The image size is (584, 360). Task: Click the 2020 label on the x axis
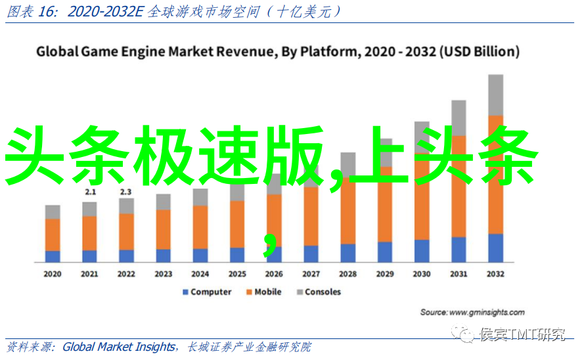53,273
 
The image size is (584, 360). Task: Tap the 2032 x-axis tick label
495,273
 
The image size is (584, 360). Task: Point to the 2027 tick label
311,273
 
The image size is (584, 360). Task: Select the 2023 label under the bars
164,273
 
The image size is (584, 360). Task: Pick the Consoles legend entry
318,292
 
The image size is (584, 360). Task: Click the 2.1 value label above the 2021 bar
90,192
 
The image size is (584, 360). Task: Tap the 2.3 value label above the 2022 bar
126,192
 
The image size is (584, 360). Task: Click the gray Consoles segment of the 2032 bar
496,95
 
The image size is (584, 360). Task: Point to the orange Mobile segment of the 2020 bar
53,235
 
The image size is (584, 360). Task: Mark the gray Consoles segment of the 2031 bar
459,118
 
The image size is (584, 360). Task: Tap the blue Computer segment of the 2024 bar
200,255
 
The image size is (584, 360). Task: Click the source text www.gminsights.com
487,312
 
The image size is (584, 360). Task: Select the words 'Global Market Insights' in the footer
119,347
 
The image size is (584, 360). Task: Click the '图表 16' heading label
26,11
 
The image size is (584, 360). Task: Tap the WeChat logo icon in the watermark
467,336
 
